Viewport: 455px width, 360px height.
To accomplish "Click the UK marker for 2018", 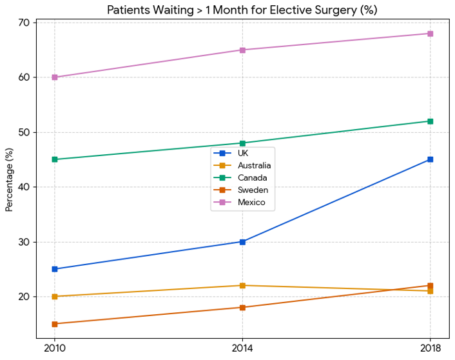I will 430,159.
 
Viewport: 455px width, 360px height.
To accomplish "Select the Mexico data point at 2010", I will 55,77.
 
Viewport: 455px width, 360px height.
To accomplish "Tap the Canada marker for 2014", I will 242,143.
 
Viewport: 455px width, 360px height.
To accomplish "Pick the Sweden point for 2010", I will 55,324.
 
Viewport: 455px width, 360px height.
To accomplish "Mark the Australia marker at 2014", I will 242,285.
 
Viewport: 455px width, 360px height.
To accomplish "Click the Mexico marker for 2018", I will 430,34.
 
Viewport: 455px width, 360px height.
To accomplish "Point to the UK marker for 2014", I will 242,242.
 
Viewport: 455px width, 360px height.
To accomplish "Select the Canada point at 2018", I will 430,121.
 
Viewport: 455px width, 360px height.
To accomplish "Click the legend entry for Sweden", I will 252,190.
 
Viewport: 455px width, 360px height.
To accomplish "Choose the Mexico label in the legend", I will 251,203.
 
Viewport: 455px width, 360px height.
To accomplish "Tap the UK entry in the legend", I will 243,153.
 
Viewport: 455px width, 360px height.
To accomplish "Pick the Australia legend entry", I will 254,165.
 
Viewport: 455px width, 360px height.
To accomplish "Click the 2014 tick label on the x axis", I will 242,348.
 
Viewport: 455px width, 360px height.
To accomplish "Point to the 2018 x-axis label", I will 430,348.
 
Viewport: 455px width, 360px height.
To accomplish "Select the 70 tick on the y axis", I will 25,23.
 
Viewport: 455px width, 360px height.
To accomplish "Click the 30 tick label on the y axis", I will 25,242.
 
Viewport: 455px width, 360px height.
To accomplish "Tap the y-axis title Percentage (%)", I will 9,179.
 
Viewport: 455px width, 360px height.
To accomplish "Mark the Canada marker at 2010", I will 55,159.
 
